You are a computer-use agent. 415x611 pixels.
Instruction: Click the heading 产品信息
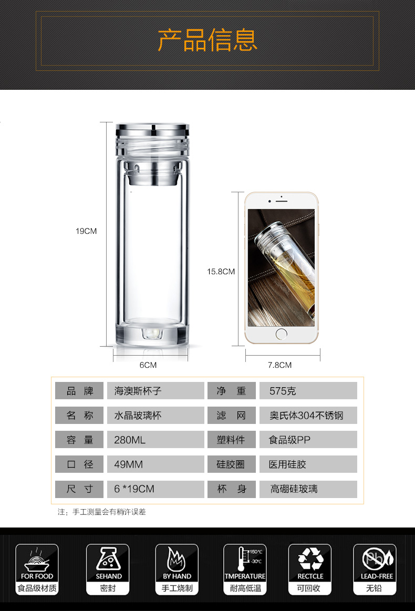207,40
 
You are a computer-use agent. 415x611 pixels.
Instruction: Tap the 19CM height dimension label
86,231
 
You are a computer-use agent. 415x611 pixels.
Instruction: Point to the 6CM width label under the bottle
148,365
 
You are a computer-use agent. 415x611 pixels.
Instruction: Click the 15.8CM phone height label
221,272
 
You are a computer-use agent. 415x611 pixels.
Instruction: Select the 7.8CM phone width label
280,365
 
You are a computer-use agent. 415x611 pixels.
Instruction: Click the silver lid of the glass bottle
152,129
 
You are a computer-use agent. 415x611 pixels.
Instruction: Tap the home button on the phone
282,334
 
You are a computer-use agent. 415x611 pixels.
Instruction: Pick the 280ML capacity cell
155,440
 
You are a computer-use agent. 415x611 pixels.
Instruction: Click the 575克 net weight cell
308,390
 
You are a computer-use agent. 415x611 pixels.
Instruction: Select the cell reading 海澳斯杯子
155,390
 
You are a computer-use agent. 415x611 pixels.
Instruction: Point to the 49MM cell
155,464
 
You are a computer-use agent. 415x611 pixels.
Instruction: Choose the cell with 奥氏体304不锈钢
308,416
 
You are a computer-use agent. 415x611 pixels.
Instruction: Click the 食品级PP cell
308,440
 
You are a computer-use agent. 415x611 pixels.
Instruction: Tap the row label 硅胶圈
232,464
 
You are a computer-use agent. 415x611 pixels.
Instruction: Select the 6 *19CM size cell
155,489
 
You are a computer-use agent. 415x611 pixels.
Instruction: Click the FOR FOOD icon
37,569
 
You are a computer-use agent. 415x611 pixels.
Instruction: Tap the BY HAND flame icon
177,569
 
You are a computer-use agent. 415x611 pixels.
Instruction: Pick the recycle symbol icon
310,569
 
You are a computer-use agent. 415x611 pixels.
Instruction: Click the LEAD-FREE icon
375,569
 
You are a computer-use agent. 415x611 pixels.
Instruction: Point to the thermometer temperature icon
245,569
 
